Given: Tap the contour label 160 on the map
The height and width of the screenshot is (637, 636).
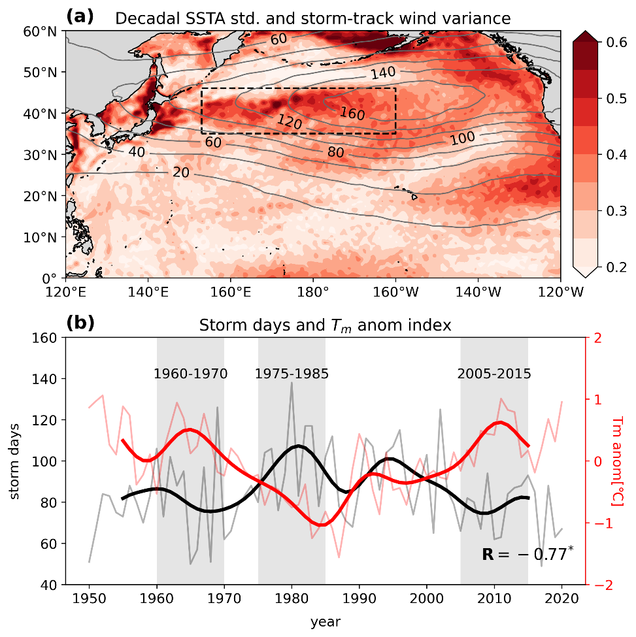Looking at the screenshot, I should click(x=352, y=113).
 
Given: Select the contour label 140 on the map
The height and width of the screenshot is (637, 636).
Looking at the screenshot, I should click(x=384, y=73).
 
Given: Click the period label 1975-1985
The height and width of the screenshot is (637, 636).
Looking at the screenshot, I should click(x=292, y=374).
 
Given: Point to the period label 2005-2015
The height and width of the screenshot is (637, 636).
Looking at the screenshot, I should click(x=494, y=374).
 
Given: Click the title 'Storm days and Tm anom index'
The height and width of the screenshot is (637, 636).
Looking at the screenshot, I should click(x=325, y=325).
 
